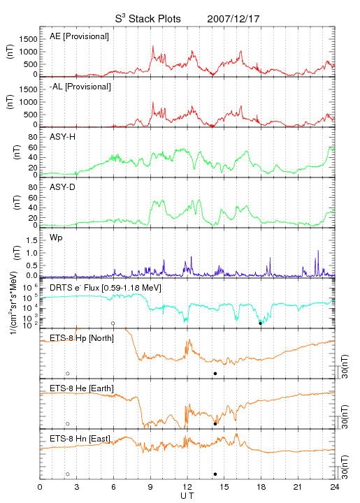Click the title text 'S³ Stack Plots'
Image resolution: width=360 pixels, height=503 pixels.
(x=148, y=19)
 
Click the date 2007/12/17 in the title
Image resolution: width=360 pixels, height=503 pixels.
(x=233, y=19)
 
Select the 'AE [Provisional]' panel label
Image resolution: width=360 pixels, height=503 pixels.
(x=79, y=36)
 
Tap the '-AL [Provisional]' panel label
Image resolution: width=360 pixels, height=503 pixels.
(x=80, y=87)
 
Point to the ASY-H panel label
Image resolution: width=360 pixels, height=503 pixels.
(x=63, y=137)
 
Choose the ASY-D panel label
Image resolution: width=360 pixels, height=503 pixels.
(x=63, y=187)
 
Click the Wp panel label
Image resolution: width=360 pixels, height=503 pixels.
(x=56, y=238)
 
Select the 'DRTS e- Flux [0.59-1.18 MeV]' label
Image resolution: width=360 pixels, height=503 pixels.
(x=106, y=288)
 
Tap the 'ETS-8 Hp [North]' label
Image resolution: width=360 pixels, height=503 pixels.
(x=82, y=338)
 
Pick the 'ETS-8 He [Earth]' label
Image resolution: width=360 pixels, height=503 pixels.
(x=82, y=388)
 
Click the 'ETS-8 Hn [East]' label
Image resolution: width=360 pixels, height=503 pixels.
(x=80, y=439)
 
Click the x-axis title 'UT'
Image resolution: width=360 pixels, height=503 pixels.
(x=187, y=496)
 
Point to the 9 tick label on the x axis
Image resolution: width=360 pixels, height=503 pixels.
(x=150, y=487)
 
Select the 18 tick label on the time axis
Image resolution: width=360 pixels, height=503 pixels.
(x=261, y=487)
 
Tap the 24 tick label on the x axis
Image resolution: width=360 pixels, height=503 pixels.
(x=335, y=487)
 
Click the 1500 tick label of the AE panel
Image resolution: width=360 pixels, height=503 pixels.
(x=29, y=39)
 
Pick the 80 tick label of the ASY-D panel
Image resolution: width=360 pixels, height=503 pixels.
(x=33, y=187)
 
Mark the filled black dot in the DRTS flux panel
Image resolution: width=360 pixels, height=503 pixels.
(x=261, y=323)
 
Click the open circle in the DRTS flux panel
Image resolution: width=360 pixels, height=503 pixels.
(x=113, y=323)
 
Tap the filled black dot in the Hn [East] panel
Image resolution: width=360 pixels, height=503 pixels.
(x=215, y=474)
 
